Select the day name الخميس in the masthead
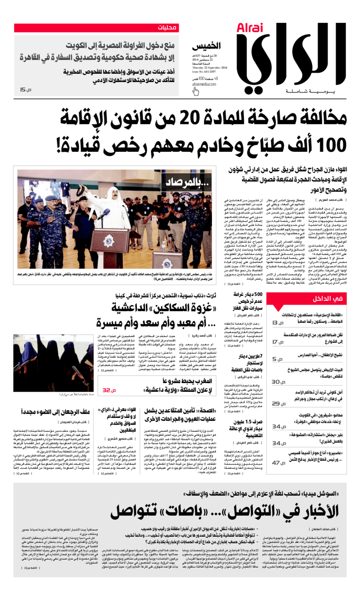tap(208, 46)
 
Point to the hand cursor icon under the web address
tap(195, 92)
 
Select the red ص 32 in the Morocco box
tap(109, 389)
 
